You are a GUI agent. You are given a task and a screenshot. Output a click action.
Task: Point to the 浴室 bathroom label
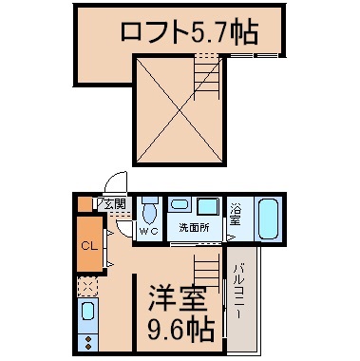(x=235, y=216)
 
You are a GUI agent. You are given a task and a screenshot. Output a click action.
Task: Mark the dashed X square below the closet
(x=86, y=286)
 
